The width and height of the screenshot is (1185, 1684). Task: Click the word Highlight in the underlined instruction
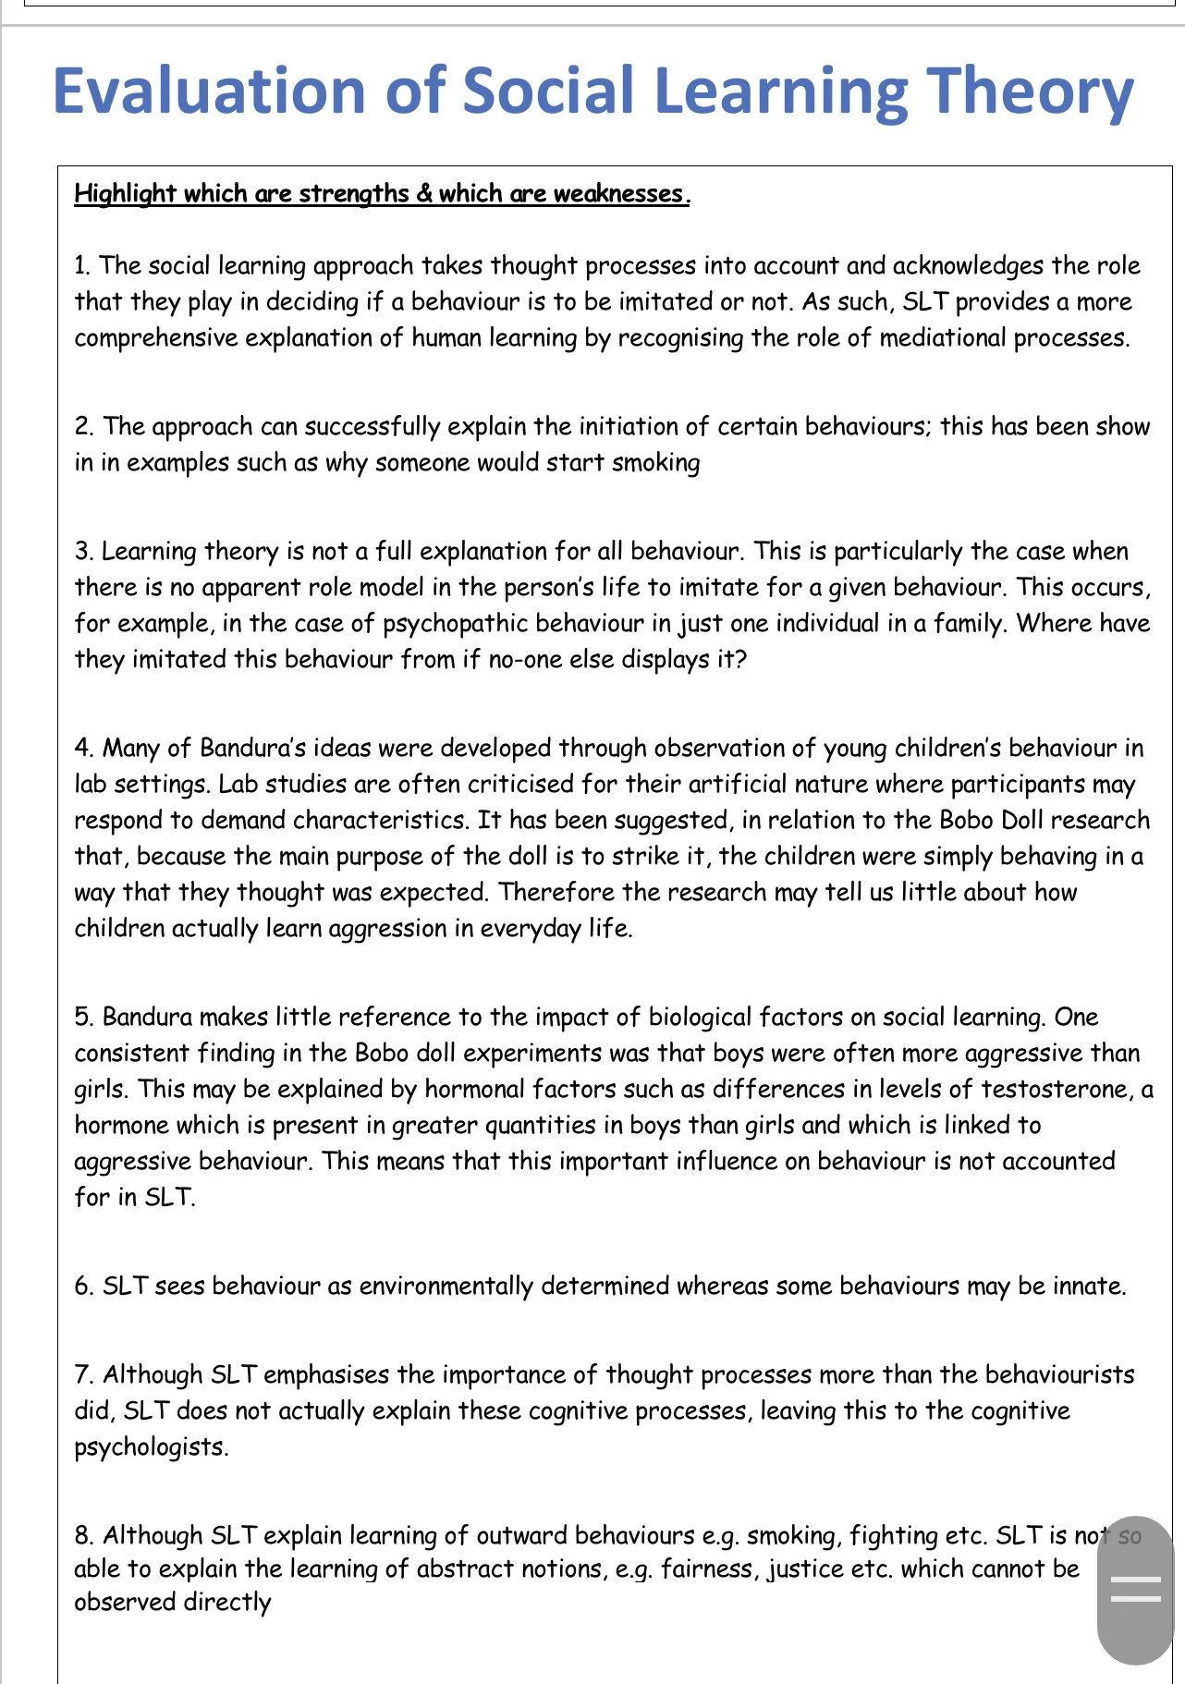(x=125, y=193)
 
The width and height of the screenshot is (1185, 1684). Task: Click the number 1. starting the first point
(x=82, y=266)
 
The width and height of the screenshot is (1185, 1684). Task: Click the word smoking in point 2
(x=655, y=462)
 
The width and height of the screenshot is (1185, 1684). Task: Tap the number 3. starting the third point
(x=83, y=552)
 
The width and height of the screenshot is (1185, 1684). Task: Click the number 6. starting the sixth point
(x=84, y=1287)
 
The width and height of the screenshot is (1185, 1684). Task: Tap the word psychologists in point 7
(x=151, y=1447)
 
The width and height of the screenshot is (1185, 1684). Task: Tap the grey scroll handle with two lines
(x=1135, y=1590)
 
